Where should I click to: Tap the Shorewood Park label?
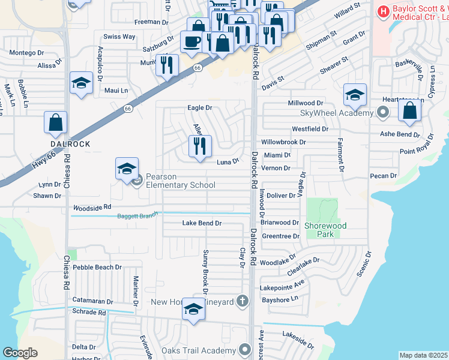(327, 230)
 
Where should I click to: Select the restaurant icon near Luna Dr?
(200, 146)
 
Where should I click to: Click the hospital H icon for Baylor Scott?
(382, 11)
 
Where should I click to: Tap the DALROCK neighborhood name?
(70, 145)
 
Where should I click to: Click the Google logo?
(20, 353)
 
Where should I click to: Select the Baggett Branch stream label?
(137, 216)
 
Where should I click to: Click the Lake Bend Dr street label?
(202, 223)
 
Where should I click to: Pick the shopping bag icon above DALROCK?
(55, 122)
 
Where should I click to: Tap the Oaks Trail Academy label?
(198, 350)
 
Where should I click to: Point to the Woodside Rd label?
(92, 207)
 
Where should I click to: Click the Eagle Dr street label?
(200, 107)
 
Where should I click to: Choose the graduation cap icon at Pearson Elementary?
(127, 169)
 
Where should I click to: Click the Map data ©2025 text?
(423, 355)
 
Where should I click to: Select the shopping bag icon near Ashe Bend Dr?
(409, 111)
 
